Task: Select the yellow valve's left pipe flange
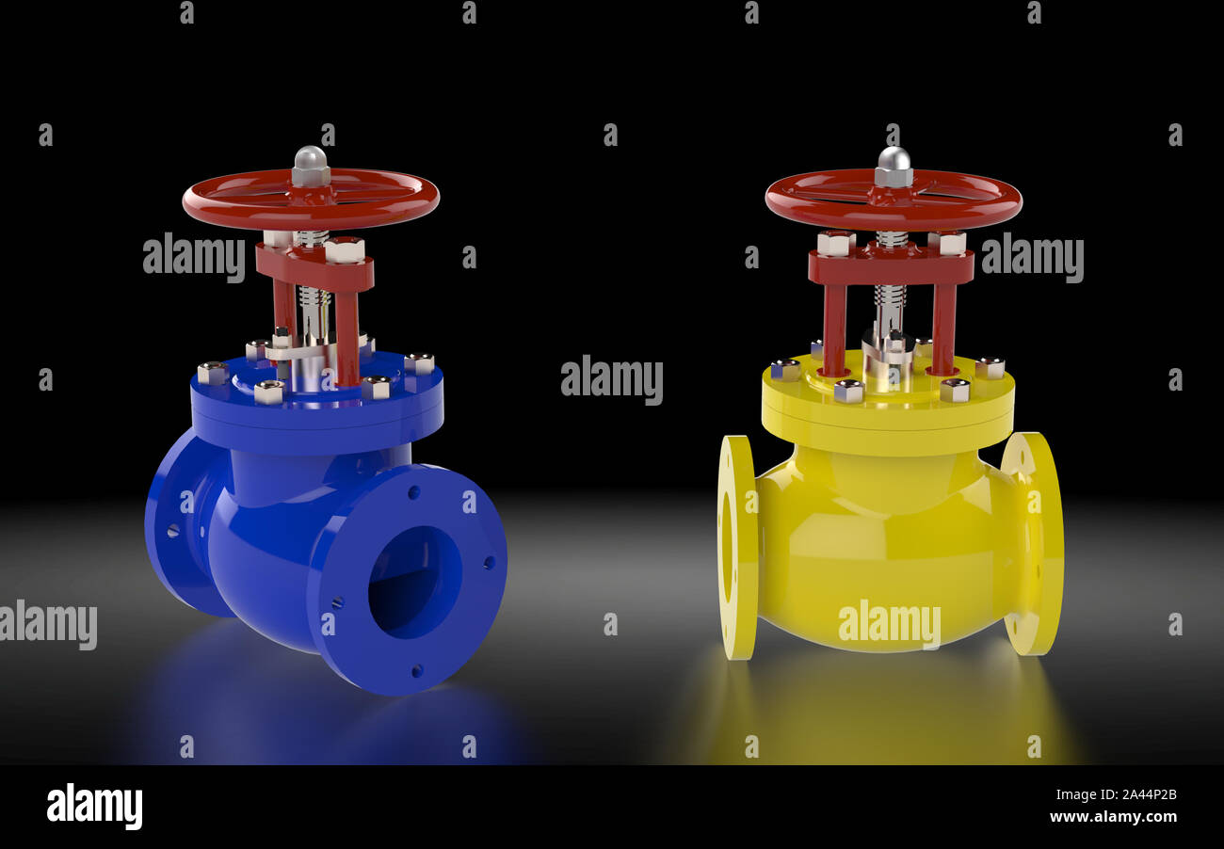click(736, 546)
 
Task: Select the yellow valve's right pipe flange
click(1034, 543)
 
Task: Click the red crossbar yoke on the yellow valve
click(891, 267)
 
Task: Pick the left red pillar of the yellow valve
click(833, 329)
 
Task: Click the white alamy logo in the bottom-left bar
click(94, 807)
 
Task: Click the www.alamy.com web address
click(1112, 817)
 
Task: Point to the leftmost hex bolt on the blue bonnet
click(212, 373)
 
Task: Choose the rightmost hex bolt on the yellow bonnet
click(989, 367)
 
